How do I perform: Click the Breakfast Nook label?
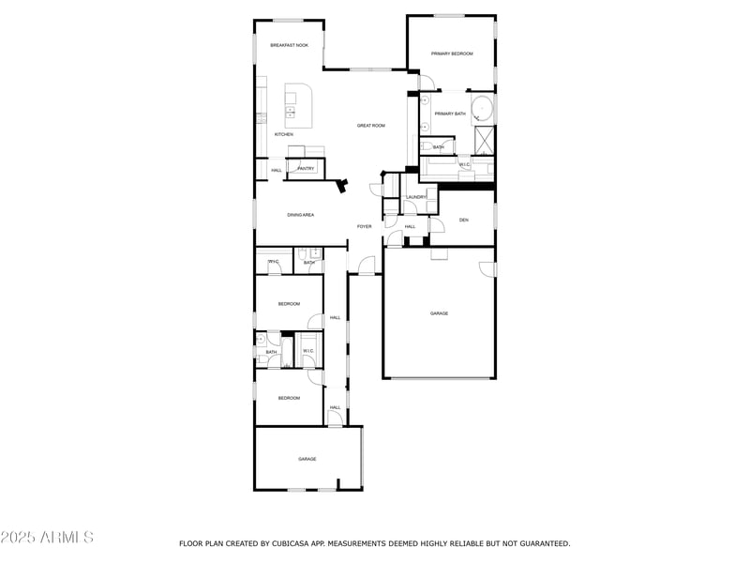[x=289, y=45]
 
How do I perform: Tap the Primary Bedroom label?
[x=452, y=53]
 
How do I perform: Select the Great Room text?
[x=371, y=125]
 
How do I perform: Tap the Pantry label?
[x=306, y=169]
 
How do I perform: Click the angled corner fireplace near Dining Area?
[x=344, y=186]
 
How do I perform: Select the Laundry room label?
[x=416, y=197]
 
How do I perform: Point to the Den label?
[x=463, y=220]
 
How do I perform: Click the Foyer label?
[x=364, y=226]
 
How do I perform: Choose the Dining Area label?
[x=300, y=215]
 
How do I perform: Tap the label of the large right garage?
[x=439, y=313]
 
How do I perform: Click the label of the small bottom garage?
[x=307, y=459]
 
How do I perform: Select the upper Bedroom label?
[x=289, y=303]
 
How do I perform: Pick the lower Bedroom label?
[x=289, y=398]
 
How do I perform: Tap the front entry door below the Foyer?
[x=366, y=267]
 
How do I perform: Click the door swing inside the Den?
[x=437, y=225]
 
